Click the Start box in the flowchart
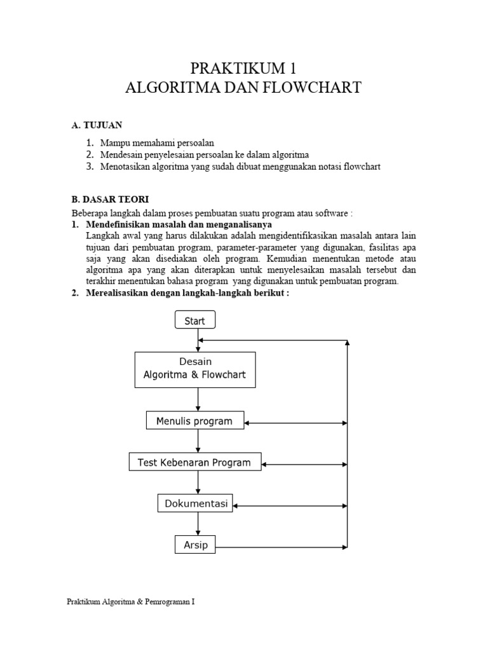(195, 320)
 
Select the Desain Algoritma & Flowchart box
(195, 369)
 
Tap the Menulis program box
(195, 421)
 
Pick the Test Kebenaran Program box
(194, 462)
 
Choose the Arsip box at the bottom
(196, 545)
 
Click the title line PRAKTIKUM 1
(243, 68)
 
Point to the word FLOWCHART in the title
(309, 88)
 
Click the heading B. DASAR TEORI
(109, 200)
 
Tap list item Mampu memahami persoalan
(157, 143)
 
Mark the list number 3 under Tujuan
(89, 167)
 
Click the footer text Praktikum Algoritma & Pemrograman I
(131, 601)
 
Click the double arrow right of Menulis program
(295, 423)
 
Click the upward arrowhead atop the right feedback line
(347, 343)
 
